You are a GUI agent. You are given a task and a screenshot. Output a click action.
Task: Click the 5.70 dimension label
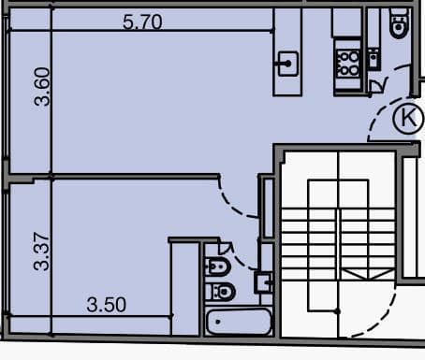point(142,22)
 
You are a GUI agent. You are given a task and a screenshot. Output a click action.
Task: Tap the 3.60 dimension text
point(42,87)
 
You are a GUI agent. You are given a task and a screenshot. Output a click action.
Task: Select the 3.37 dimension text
point(41,251)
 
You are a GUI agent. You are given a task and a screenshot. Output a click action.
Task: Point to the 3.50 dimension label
point(107,305)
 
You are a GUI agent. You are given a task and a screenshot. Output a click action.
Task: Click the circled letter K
point(408,118)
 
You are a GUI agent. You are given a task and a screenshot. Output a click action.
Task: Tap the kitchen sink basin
point(287,64)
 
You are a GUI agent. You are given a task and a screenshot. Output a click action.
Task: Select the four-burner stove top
point(348,64)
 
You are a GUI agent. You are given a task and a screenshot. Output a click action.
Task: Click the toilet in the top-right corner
point(399,23)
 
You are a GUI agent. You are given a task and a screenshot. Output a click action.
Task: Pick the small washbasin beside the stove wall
point(374,59)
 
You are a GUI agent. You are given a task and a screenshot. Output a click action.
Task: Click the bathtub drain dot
point(218,322)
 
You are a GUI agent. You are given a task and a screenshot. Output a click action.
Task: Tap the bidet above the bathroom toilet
point(218,266)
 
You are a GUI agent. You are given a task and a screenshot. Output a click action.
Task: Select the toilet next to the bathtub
point(220,292)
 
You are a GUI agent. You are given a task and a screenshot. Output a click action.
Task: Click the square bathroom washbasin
point(263,282)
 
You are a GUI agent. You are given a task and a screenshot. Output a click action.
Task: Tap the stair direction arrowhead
point(369,275)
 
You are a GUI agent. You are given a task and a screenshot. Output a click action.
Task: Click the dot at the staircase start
point(337,311)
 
